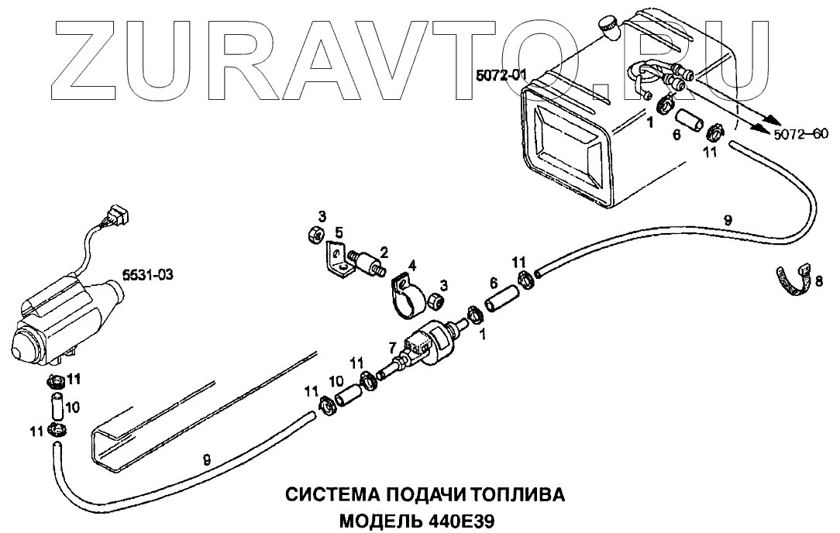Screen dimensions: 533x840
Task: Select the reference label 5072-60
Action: coord(800,133)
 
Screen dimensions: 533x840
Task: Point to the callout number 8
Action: coord(820,280)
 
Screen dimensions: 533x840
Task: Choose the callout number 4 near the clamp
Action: coord(412,266)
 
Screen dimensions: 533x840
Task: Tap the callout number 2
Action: coord(384,253)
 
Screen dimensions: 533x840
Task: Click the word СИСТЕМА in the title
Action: coord(329,493)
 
